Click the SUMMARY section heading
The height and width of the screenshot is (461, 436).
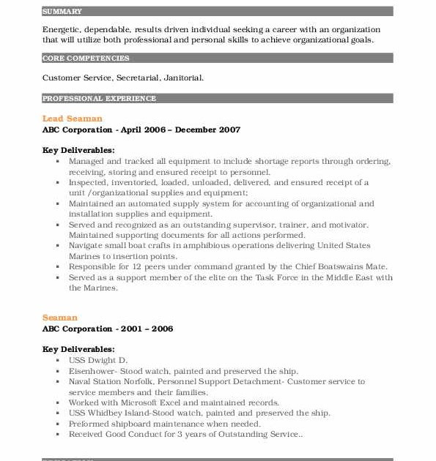tap(62, 12)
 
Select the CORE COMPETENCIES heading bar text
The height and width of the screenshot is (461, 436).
tap(86, 59)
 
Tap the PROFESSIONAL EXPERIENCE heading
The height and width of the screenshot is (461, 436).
tap(99, 98)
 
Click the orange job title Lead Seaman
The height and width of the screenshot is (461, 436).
tap(73, 119)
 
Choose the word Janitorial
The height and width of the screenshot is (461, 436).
tap(183, 77)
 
